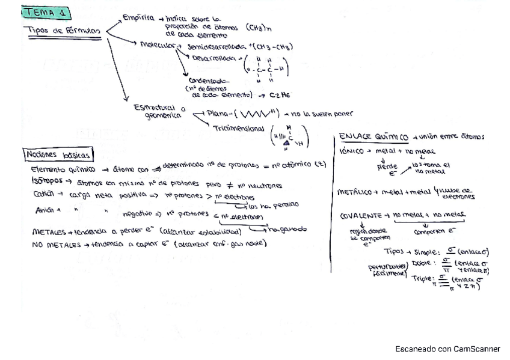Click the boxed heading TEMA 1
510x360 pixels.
coord(46,13)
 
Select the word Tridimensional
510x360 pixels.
coord(238,128)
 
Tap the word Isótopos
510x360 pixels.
coord(46,180)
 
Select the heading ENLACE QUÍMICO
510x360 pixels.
coord(373,136)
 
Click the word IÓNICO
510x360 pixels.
coord(354,151)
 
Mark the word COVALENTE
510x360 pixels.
coord(362,215)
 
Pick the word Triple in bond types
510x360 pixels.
coord(423,278)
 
